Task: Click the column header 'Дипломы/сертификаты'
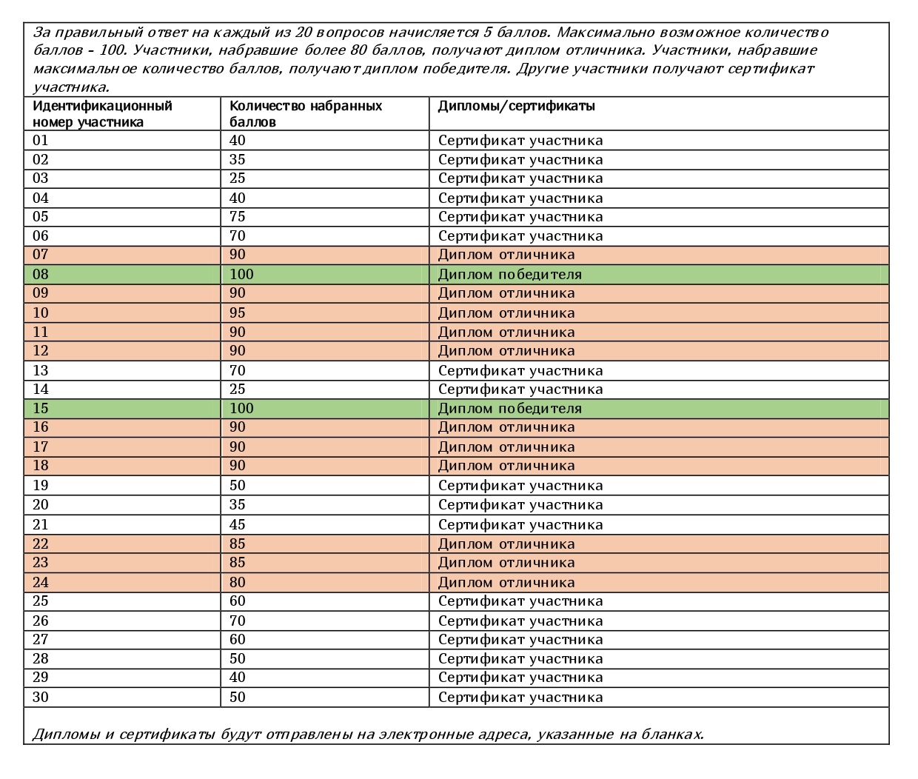(517, 106)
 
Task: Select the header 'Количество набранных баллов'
(306, 113)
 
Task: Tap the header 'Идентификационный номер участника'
(102, 113)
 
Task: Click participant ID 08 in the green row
(41, 275)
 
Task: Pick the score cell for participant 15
(241, 409)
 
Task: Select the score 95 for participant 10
(238, 313)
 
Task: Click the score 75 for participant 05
(238, 217)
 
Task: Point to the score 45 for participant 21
(238, 525)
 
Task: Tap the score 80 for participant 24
(238, 583)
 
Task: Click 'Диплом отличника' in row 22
(506, 544)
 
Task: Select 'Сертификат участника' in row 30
(520, 698)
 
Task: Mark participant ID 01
(41, 141)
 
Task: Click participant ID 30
(41, 698)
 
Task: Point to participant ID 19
(41, 486)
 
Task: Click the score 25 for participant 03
(238, 178)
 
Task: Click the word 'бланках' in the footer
(674, 735)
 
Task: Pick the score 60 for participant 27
(238, 640)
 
